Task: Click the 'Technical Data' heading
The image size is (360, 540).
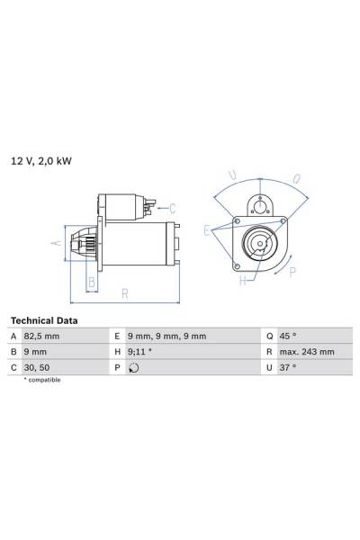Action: pyautogui.click(x=44, y=320)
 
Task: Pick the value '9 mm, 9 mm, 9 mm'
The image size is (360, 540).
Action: pyautogui.click(x=167, y=337)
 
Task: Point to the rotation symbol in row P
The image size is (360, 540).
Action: pyautogui.click(x=134, y=367)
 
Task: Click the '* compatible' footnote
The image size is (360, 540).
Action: pyautogui.click(x=42, y=381)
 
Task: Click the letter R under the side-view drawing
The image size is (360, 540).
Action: pyautogui.click(x=125, y=292)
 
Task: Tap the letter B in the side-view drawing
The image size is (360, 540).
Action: pyautogui.click(x=91, y=281)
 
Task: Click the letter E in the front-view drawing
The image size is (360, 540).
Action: pyautogui.click(x=206, y=230)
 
